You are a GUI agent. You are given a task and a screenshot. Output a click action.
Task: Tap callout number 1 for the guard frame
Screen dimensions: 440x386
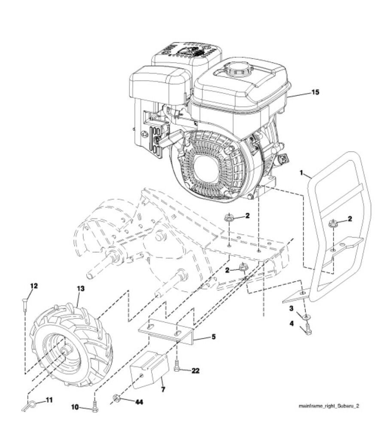(x=302, y=173)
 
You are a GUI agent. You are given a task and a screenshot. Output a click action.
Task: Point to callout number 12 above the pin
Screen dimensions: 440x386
(x=34, y=286)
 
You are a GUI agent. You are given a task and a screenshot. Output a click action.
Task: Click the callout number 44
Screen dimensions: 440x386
(x=139, y=402)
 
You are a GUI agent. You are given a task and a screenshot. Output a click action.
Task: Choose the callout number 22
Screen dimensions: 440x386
(x=195, y=370)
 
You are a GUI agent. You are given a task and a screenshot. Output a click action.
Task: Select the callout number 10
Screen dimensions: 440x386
(x=74, y=406)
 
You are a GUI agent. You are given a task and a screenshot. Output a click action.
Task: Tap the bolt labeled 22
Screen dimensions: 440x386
(x=178, y=367)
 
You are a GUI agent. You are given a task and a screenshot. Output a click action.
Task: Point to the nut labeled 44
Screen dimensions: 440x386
(x=115, y=398)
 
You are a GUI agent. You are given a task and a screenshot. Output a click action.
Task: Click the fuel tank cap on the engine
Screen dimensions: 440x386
(x=235, y=69)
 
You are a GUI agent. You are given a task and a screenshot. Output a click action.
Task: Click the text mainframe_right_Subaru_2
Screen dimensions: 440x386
(x=329, y=405)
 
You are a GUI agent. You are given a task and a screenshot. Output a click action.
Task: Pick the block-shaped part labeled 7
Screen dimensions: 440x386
(x=149, y=368)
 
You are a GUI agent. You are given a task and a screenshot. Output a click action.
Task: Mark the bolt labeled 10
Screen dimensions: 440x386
(x=94, y=406)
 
